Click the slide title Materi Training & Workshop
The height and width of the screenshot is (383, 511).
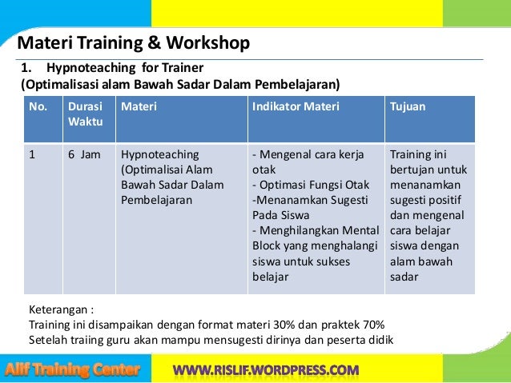click(x=133, y=42)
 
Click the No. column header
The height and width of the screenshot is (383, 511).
click(x=38, y=106)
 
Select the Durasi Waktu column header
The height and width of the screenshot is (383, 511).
click(x=84, y=114)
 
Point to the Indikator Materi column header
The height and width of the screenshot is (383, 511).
click(x=296, y=106)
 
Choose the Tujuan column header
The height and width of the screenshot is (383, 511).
click(x=408, y=106)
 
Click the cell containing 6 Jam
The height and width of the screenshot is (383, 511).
click(x=84, y=154)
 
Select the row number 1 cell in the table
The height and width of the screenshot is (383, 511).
click(x=33, y=154)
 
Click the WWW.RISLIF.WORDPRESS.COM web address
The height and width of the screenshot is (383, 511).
click(x=266, y=369)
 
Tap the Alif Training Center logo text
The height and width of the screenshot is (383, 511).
click(x=73, y=369)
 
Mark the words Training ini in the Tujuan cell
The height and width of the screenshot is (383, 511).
click(x=418, y=154)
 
